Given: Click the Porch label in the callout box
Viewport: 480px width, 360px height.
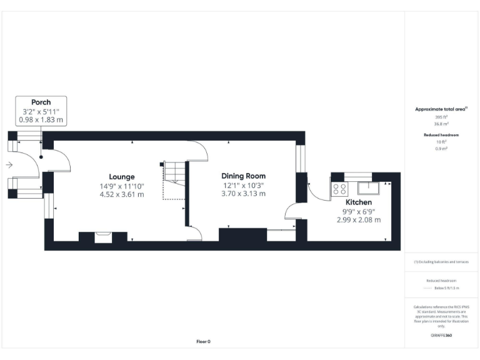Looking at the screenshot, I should [x=41, y=102].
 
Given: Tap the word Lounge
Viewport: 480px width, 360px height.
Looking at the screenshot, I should [x=122, y=177].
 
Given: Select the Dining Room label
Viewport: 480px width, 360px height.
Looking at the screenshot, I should [x=244, y=176].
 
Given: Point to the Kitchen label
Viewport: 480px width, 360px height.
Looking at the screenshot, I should [x=359, y=202].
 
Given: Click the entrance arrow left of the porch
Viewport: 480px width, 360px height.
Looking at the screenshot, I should [x=9, y=165].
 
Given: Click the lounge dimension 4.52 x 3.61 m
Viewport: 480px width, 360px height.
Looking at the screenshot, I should [x=122, y=194].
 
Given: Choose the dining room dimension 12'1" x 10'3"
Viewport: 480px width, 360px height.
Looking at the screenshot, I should [x=244, y=185].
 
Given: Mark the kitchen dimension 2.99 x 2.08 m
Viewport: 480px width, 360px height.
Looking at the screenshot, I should [x=359, y=220].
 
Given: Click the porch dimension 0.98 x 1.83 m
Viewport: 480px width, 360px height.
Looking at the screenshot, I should [x=41, y=119].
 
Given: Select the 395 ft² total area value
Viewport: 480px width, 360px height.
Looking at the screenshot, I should [x=442, y=117].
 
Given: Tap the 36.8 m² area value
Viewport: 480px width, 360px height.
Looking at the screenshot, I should [x=442, y=124].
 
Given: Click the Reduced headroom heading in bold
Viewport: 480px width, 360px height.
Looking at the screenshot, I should [x=442, y=135].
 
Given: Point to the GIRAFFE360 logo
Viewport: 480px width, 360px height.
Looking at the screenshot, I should [x=441, y=336].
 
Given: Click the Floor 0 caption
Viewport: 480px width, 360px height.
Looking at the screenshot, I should [x=203, y=341].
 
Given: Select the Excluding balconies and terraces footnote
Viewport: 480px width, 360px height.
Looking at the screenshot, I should [x=441, y=262].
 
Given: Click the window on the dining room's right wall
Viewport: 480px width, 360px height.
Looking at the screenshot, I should [x=301, y=159].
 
